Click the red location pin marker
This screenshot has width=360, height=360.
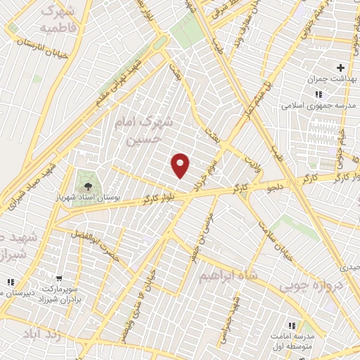pos(181,165)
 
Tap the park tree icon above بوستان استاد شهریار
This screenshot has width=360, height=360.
pos(88,186)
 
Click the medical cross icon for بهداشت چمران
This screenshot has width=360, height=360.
pos(340,67)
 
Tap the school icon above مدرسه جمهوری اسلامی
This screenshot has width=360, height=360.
pos(319,94)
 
